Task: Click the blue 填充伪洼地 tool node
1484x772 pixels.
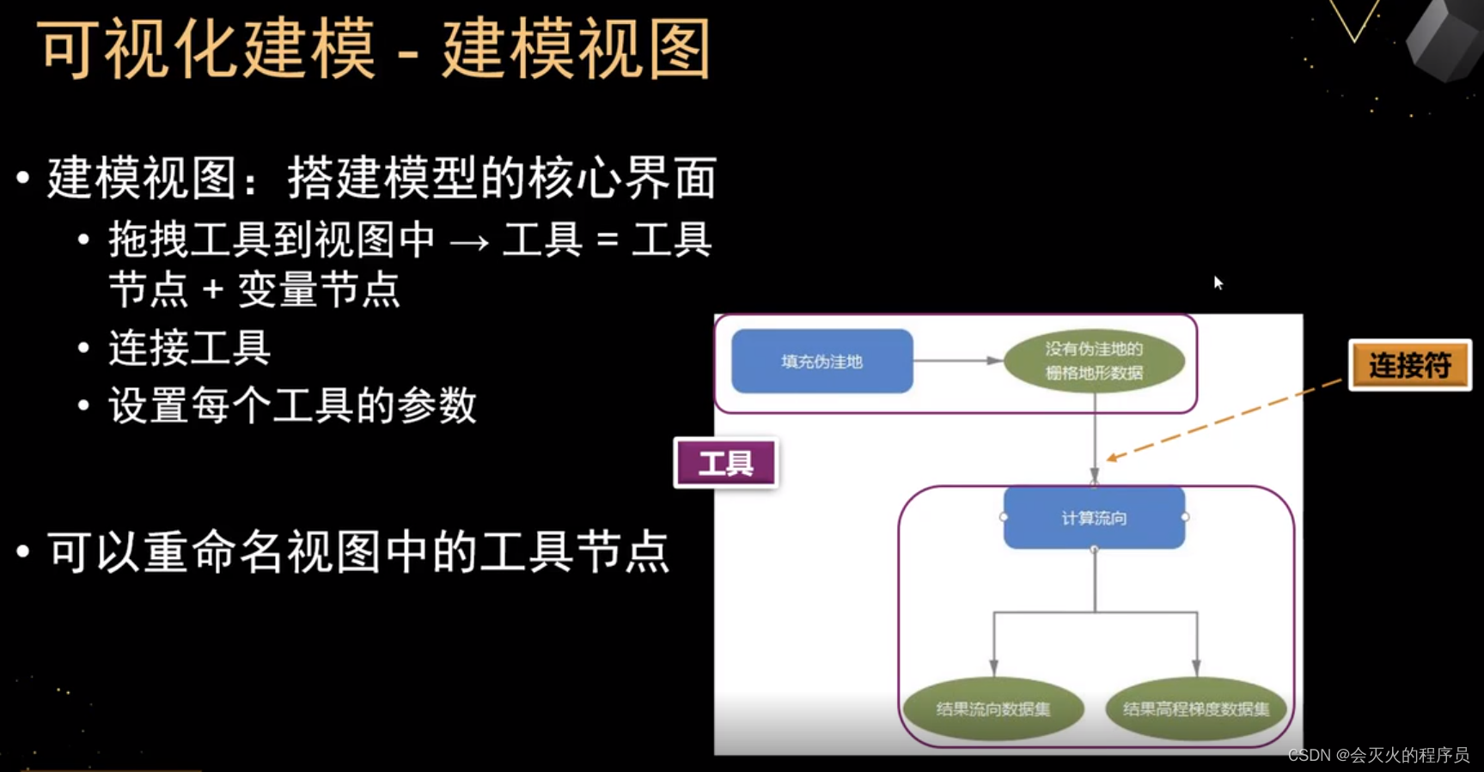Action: pos(821,362)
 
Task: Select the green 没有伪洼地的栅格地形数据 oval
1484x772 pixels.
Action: pos(1094,362)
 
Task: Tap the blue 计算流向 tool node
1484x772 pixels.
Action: pos(1094,518)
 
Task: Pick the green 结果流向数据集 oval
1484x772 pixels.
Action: pos(992,708)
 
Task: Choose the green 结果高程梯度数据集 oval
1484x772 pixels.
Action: pos(1195,708)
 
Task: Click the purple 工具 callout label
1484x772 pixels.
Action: pos(726,464)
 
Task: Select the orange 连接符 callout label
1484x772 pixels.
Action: pos(1410,366)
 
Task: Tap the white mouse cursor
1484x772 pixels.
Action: pos(1218,282)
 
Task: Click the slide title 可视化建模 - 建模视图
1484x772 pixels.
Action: pos(375,50)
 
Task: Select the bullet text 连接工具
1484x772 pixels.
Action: pos(190,349)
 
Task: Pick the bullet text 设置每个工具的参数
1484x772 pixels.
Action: pos(292,405)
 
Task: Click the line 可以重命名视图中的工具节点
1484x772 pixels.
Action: pos(358,552)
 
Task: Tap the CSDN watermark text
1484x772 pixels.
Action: pos(1378,755)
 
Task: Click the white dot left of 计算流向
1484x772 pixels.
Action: pos(1004,517)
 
